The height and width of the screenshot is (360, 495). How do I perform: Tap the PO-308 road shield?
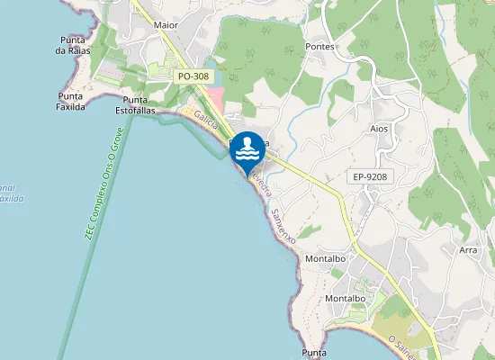click(193, 76)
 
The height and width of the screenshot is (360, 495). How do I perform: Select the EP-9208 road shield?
click(370, 177)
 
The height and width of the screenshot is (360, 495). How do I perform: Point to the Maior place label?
click(166, 26)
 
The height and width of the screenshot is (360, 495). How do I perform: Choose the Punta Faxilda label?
click(71, 100)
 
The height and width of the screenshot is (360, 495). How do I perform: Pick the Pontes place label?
click(319, 46)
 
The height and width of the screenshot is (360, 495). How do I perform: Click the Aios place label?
click(379, 129)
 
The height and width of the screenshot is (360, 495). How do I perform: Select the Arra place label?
click(468, 250)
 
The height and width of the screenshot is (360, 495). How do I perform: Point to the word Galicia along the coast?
click(206, 127)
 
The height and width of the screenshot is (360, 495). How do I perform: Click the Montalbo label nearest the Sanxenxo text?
click(327, 258)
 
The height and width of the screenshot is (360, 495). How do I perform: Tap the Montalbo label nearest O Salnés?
click(344, 298)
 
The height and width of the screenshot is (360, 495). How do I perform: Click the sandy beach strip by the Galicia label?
click(191, 116)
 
